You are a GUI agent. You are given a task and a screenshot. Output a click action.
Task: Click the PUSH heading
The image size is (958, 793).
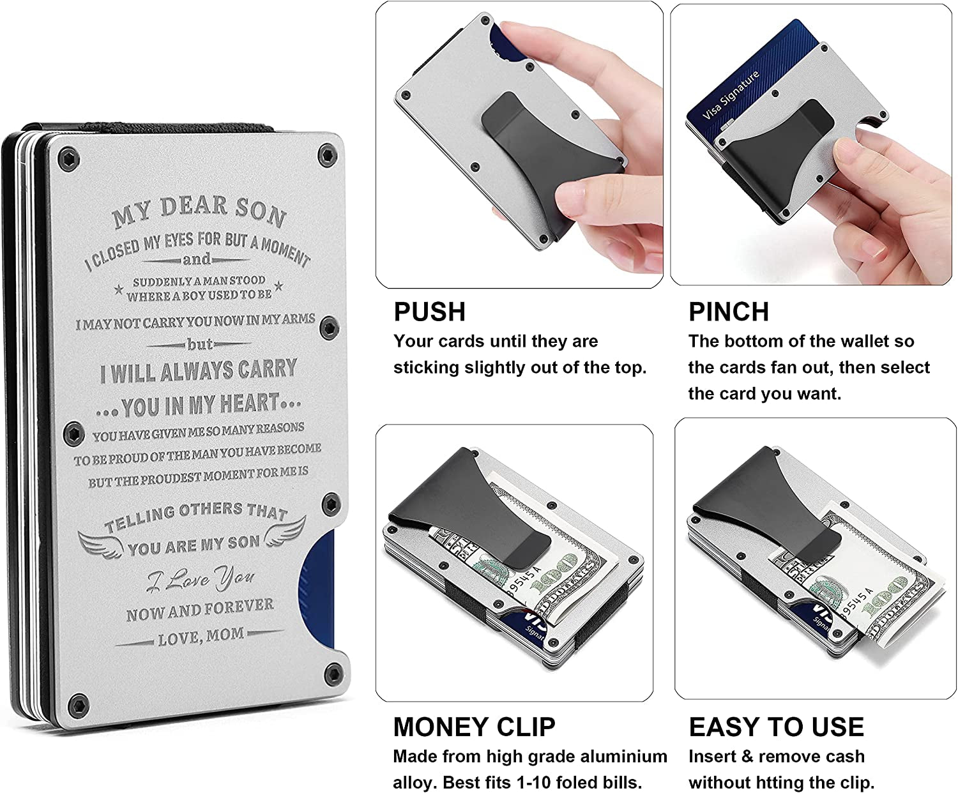[x=429, y=312]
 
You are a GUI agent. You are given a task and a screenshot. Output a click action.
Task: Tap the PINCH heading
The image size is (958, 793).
[x=728, y=312]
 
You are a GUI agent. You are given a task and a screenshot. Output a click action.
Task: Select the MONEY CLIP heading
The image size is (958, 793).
[x=474, y=727]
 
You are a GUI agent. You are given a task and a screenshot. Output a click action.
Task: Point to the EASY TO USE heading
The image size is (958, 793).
[x=776, y=727]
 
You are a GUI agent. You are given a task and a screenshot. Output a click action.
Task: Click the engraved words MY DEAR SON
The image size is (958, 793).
[x=199, y=211]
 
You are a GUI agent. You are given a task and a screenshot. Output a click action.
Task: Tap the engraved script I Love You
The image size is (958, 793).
[x=201, y=578]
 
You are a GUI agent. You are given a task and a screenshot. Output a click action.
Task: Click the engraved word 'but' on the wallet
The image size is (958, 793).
[x=200, y=344]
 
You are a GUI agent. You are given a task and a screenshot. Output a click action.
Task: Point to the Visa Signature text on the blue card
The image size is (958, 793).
[x=731, y=96]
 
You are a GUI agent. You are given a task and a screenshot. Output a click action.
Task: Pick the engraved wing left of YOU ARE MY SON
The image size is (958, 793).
[x=101, y=543]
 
